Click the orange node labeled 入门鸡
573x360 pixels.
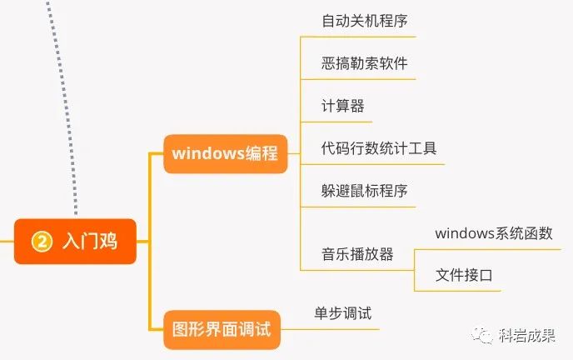pyautogui.click(x=75, y=242)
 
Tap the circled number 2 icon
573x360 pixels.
pyautogui.click(x=42, y=242)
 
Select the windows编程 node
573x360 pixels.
pyautogui.click(x=225, y=154)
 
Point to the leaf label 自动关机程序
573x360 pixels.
pyautogui.click(x=364, y=20)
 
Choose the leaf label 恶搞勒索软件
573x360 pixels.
pyautogui.click(x=364, y=63)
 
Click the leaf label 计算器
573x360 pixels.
pyautogui.click(x=342, y=106)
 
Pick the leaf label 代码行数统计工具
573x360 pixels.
pyautogui.click(x=379, y=149)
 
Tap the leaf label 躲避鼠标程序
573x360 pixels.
pyautogui.click(x=364, y=192)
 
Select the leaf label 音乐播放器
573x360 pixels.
pyautogui.click(x=357, y=254)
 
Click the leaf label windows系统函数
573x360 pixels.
pyautogui.click(x=494, y=233)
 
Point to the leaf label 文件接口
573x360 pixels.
pyautogui.click(x=464, y=275)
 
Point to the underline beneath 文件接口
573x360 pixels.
pyautogui.click(x=458, y=291)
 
